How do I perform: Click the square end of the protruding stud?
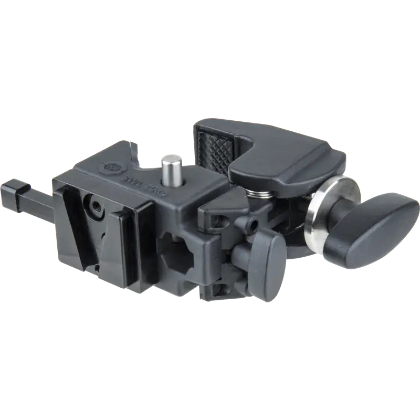(11, 187)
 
